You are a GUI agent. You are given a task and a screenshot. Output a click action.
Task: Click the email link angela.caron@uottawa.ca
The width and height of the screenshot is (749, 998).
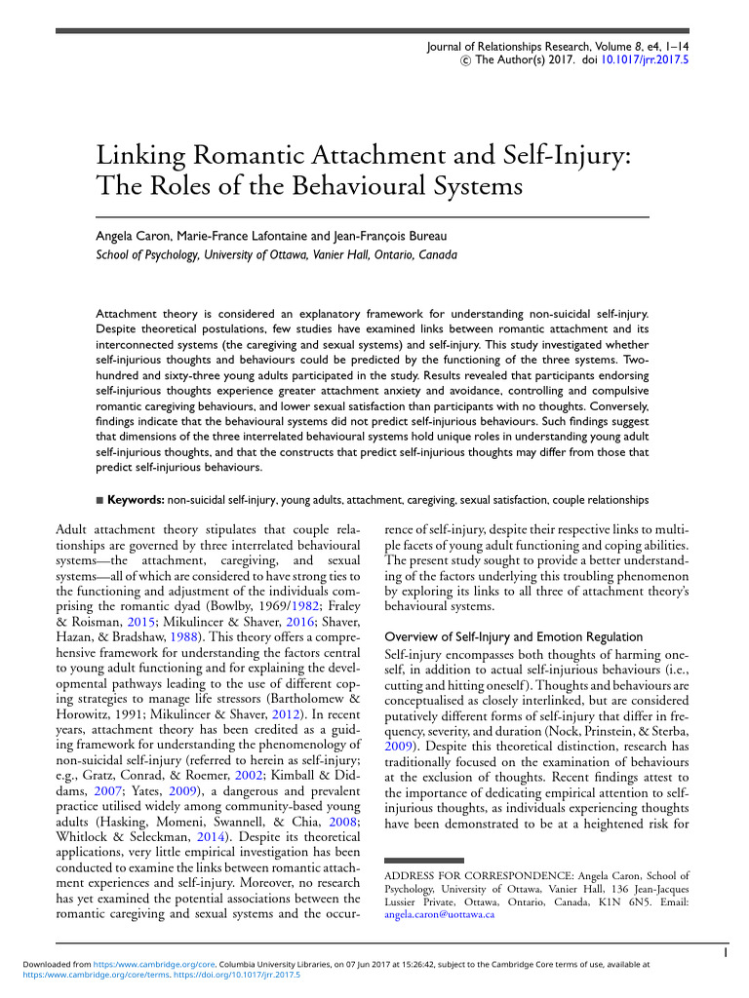440,915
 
